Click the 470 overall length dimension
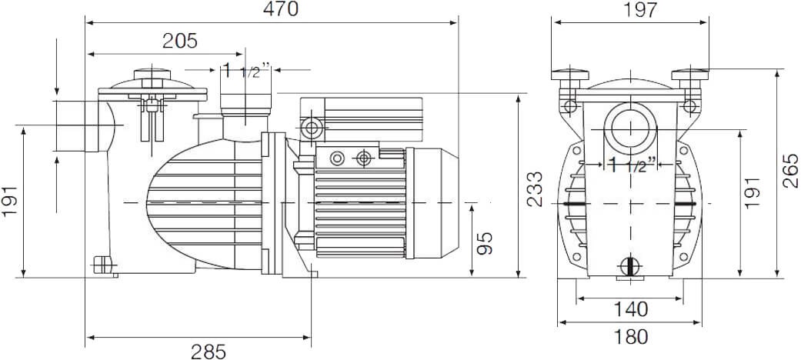click(280, 8)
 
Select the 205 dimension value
click(180, 41)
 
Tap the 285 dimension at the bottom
click(209, 352)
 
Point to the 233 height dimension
click(535, 189)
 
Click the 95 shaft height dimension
click(486, 244)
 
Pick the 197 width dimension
click(640, 9)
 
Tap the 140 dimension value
click(630, 309)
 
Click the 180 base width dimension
click(630, 336)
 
